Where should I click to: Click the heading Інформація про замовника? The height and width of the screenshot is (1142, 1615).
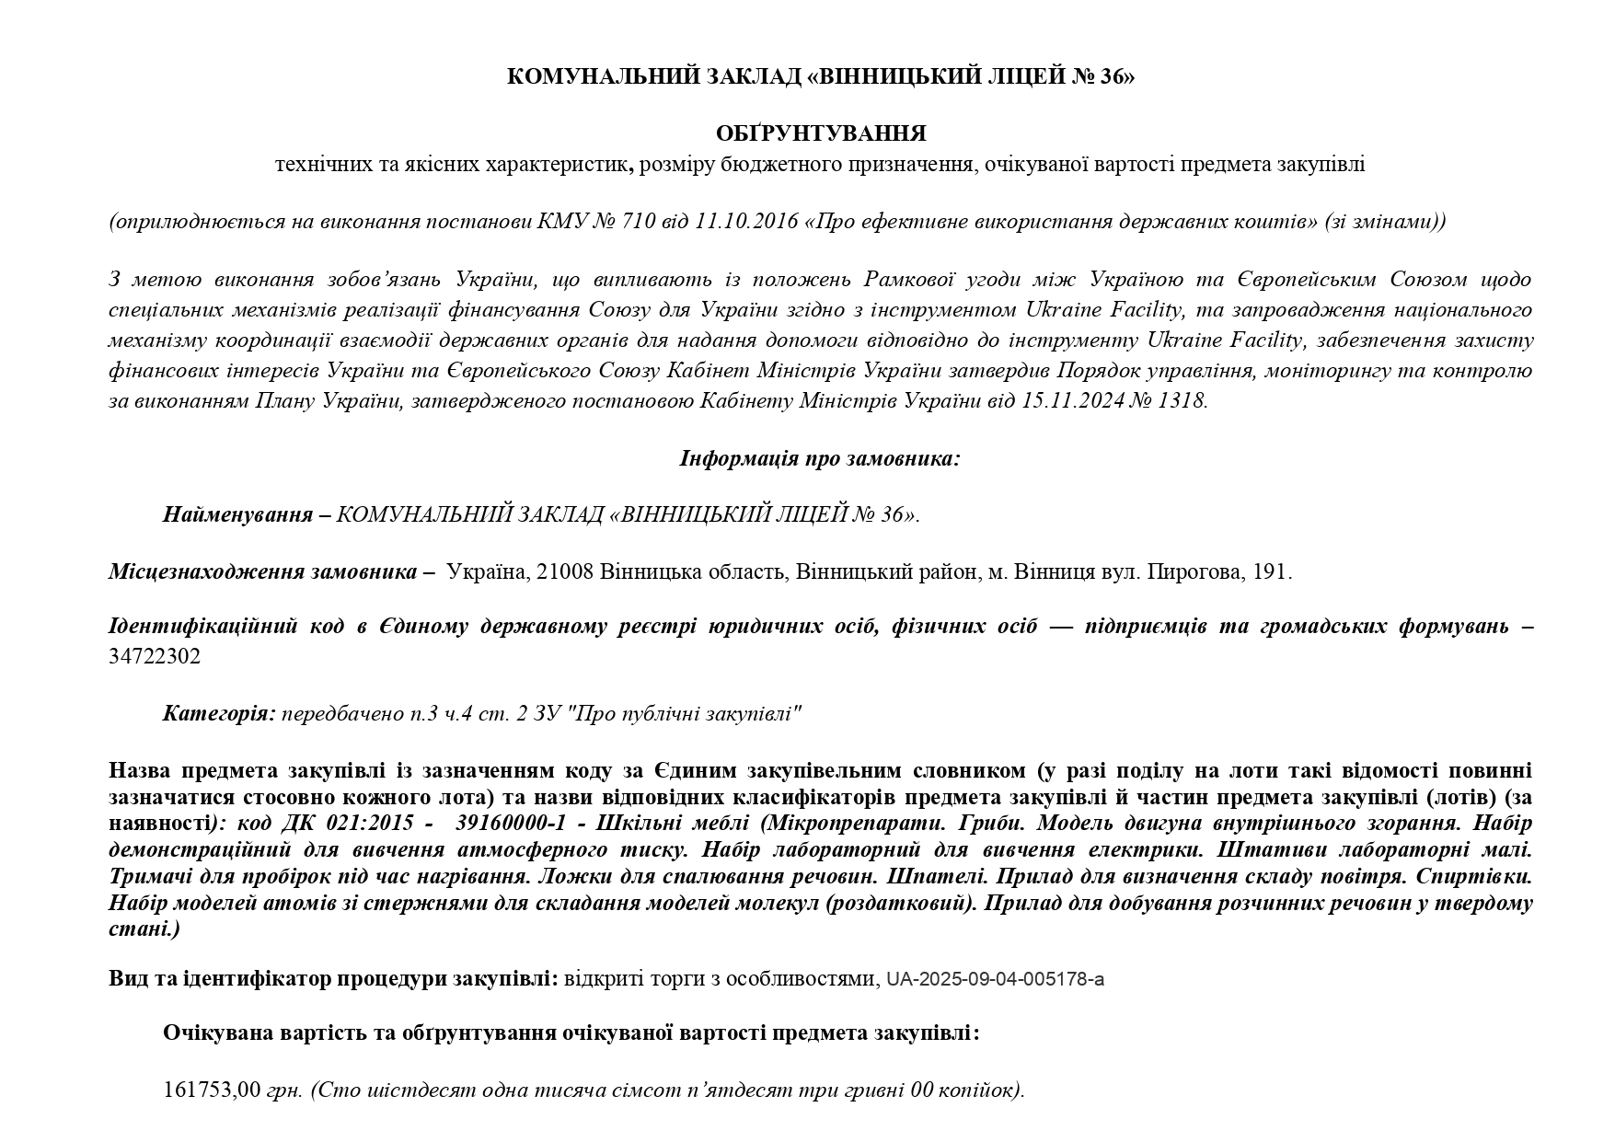[820, 458]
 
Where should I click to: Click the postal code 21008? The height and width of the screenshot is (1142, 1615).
[564, 571]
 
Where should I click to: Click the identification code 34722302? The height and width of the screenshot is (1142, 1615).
[155, 656]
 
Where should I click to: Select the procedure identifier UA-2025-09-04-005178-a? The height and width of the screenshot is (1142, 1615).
[995, 979]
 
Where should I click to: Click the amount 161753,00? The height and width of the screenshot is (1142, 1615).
[212, 1090]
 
